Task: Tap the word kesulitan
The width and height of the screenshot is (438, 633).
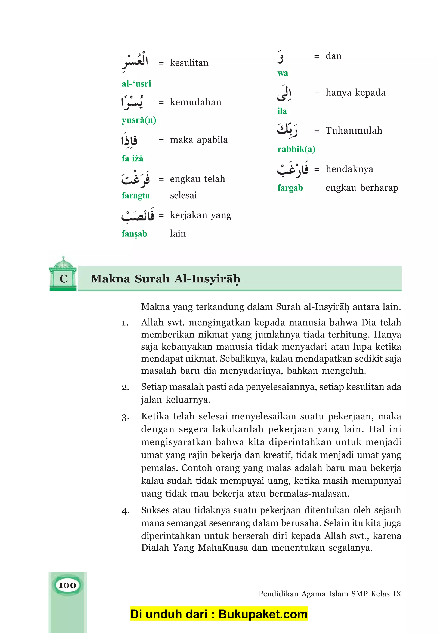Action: tap(189, 63)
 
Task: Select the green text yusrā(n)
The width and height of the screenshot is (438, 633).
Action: tap(139, 120)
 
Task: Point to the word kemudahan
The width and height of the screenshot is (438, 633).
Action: tap(195, 102)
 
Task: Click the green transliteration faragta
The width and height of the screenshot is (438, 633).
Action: tap(136, 196)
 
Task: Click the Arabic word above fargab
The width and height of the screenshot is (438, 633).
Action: tap(293, 169)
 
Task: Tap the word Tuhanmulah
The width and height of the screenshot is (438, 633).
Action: tap(354, 131)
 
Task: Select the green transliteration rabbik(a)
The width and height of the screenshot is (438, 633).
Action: tap(296, 149)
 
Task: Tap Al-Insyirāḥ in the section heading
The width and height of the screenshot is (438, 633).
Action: tap(207, 279)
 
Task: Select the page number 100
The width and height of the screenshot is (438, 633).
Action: tap(67, 585)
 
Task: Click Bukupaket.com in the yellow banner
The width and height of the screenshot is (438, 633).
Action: tap(263, 614)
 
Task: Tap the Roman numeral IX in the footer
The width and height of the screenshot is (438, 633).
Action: tap(397, 594)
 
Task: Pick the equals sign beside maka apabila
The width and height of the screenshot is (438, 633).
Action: tap(161, 140)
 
